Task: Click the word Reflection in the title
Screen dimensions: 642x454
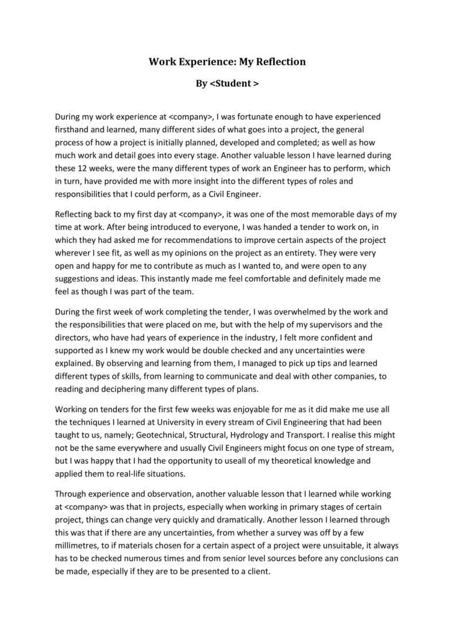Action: point(280,61)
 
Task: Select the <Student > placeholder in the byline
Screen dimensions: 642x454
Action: point(234,83)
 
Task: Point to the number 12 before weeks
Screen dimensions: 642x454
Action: point(82,168)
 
